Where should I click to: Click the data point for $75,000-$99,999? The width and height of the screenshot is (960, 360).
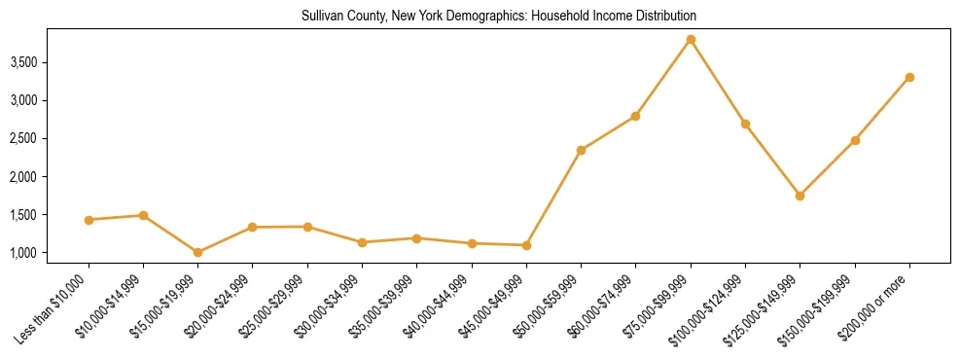[x=691, y=40]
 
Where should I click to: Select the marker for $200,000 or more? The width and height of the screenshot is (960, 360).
[x=909, y=77]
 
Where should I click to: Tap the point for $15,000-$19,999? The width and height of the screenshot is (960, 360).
[x=197, y=252]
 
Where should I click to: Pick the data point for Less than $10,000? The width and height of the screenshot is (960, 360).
[x=89, y=220]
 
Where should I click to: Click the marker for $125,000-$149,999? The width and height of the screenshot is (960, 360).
[x=800, y=196]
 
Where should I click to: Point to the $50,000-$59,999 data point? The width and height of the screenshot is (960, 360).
[x=581, y=150]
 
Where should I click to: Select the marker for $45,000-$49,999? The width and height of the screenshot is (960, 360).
[x=526, y=245]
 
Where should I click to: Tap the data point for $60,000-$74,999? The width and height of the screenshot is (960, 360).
[x=635, y=116]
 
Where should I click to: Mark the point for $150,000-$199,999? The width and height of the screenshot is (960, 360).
[x=855, y=140]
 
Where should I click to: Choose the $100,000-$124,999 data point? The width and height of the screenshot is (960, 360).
[x=745, y=124]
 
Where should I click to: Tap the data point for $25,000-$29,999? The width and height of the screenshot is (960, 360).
[x=307, y=227]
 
